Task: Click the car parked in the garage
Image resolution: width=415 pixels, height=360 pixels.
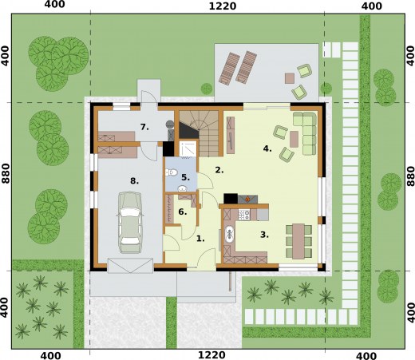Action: (129, 223)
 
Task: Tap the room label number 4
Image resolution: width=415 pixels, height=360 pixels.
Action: (267, 148)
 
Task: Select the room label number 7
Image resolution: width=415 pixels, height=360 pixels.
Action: (144, 127)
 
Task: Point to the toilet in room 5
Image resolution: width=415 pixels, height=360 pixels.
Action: (172, 172)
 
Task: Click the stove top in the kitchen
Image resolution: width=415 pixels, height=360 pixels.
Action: (244, 215)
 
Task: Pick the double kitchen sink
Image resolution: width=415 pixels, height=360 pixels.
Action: (229, 234)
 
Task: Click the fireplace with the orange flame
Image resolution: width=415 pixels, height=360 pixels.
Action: (247, 199)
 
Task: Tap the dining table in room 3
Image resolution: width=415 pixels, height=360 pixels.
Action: (298, 241)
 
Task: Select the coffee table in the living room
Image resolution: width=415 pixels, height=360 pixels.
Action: (294, 139)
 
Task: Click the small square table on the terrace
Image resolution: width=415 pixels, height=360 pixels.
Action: (290, 78)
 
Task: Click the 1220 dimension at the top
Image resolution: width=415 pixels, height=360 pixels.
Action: (223, 6)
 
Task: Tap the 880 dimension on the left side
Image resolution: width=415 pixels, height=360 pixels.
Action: (6, 173)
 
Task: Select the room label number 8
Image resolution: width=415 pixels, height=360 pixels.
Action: (134, 181)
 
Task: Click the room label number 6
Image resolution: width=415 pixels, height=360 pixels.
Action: (183, 212)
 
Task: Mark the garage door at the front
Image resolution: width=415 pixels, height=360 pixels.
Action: (130, 265)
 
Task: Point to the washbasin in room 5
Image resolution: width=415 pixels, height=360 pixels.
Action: (182, 188)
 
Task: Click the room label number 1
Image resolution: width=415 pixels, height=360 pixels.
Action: (200, 239)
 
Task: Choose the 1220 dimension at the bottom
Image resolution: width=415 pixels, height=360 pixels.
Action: (211, 355)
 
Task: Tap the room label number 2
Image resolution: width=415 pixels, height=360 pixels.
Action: (219, 170)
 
